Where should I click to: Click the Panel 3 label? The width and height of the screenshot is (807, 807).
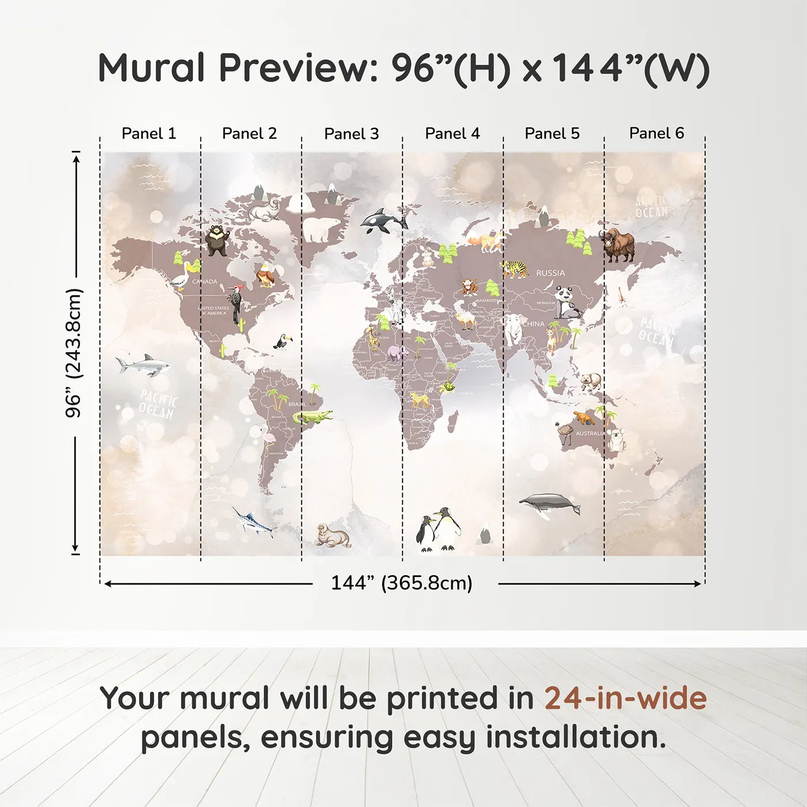(351, 134)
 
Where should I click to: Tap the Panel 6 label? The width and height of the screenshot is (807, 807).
(656, 133)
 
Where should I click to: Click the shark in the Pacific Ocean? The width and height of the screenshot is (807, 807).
(144, 365)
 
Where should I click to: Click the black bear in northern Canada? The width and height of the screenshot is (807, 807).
(217, 240)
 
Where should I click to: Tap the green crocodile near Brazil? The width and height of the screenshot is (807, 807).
(312, 417)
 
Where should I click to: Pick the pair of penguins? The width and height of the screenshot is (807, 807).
(439, 529)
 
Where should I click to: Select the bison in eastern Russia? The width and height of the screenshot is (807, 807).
(619, 245)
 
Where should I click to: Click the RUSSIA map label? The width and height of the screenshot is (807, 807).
(550, 273)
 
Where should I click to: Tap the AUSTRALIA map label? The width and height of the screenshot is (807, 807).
(590, 433)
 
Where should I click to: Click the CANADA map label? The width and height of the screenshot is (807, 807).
(205, 282)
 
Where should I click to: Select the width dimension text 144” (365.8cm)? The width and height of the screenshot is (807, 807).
(401, 583)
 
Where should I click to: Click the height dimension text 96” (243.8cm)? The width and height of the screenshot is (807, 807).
(74, 353)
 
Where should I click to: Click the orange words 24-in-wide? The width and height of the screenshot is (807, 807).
(625, 698)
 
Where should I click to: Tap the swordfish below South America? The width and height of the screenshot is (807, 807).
(253, 522)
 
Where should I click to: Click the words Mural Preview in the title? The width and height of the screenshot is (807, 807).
(236, 68)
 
